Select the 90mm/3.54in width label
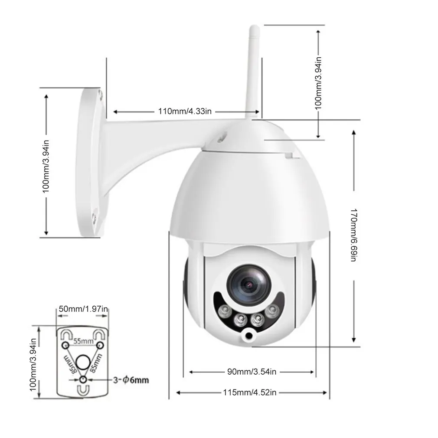pos(252,372)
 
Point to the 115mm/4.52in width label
pos(250,392)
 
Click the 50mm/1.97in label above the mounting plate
pos(83,309)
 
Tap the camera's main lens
pos(249,284)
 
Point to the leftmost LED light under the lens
pos(225,311)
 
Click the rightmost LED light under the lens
pos(272,311)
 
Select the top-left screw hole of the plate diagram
pos(65,345)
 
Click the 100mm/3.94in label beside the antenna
pos(319,82)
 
